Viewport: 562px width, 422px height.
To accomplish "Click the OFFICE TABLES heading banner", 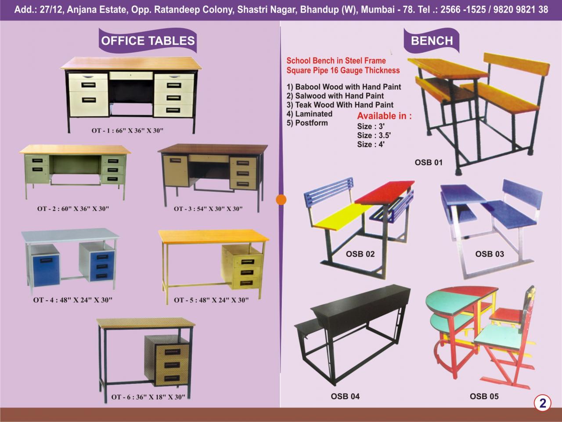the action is pyautogui.click(x=148, y=40).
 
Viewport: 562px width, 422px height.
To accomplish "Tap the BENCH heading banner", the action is pyautogui.click(x=432, y=40).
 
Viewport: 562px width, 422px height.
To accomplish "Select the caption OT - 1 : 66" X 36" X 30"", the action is pyautogui.click(x=127, y=131).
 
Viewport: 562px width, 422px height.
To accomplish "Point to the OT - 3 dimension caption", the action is pyautogui.click(x=208, y=209).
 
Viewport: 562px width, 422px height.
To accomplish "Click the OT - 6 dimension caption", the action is pyautogui.click(x=148, y=397).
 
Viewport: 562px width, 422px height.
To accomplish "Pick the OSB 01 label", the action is pyautogui.click(x=429, y=163).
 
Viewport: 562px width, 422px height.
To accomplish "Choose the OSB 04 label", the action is pyautogui.click(x=345, y=397).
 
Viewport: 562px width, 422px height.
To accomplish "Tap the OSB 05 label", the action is pyautogui.click(x=484, y=397).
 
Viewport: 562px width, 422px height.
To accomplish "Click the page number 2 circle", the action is pyautogui.click(x=543, y=404).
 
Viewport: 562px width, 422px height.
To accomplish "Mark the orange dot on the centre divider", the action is pyautogui.click(x=281, y=200).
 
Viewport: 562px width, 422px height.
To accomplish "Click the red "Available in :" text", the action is pyautogui.click(x=385, y=116).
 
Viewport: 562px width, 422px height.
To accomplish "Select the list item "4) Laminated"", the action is pyautogui.click(x=310, y=114).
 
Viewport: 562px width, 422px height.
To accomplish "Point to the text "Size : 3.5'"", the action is pyautogui.click(x=374, y=135).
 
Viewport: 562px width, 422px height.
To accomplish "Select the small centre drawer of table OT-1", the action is pyautogui.click(x=131, y=76).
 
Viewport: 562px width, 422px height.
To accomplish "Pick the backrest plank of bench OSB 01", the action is pyautogui.click(x=516, y=64).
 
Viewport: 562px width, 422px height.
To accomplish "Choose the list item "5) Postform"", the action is pyautogui.click(x=307, y=123).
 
